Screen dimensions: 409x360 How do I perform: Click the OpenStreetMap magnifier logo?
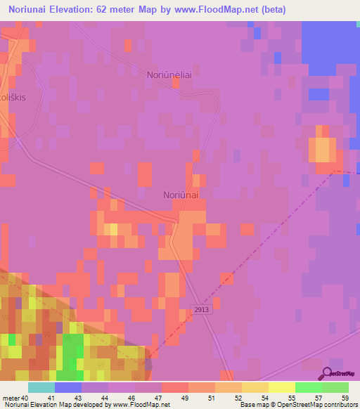[328, 373]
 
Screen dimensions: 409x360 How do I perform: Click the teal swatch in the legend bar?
[41, 387]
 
